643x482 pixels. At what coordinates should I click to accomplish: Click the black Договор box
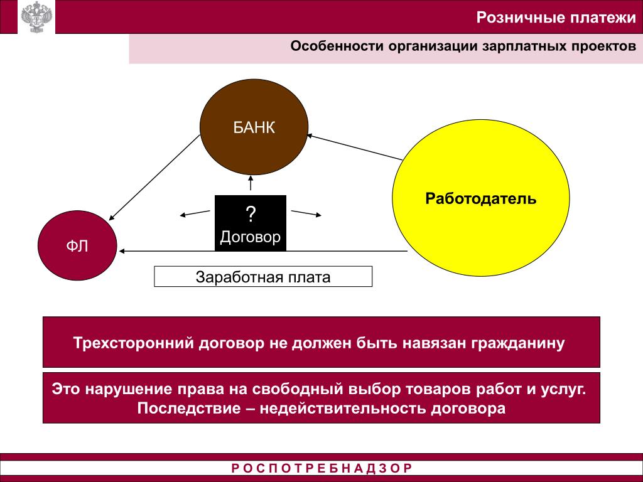tap(250, 223)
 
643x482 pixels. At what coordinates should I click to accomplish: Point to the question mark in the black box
tap(251, 213)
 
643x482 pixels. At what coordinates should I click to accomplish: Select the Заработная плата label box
tap(263, 277)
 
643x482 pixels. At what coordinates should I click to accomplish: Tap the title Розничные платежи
tap(556, 17)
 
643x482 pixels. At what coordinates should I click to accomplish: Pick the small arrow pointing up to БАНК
tap(251, 183)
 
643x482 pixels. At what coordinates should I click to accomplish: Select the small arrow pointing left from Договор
tap(194, 213)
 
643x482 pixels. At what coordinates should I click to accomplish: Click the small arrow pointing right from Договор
tap(306, 213)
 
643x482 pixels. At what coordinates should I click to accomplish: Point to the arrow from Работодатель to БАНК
tap(355, 146)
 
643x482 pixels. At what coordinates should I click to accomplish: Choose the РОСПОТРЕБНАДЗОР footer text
tap(321, 468)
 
